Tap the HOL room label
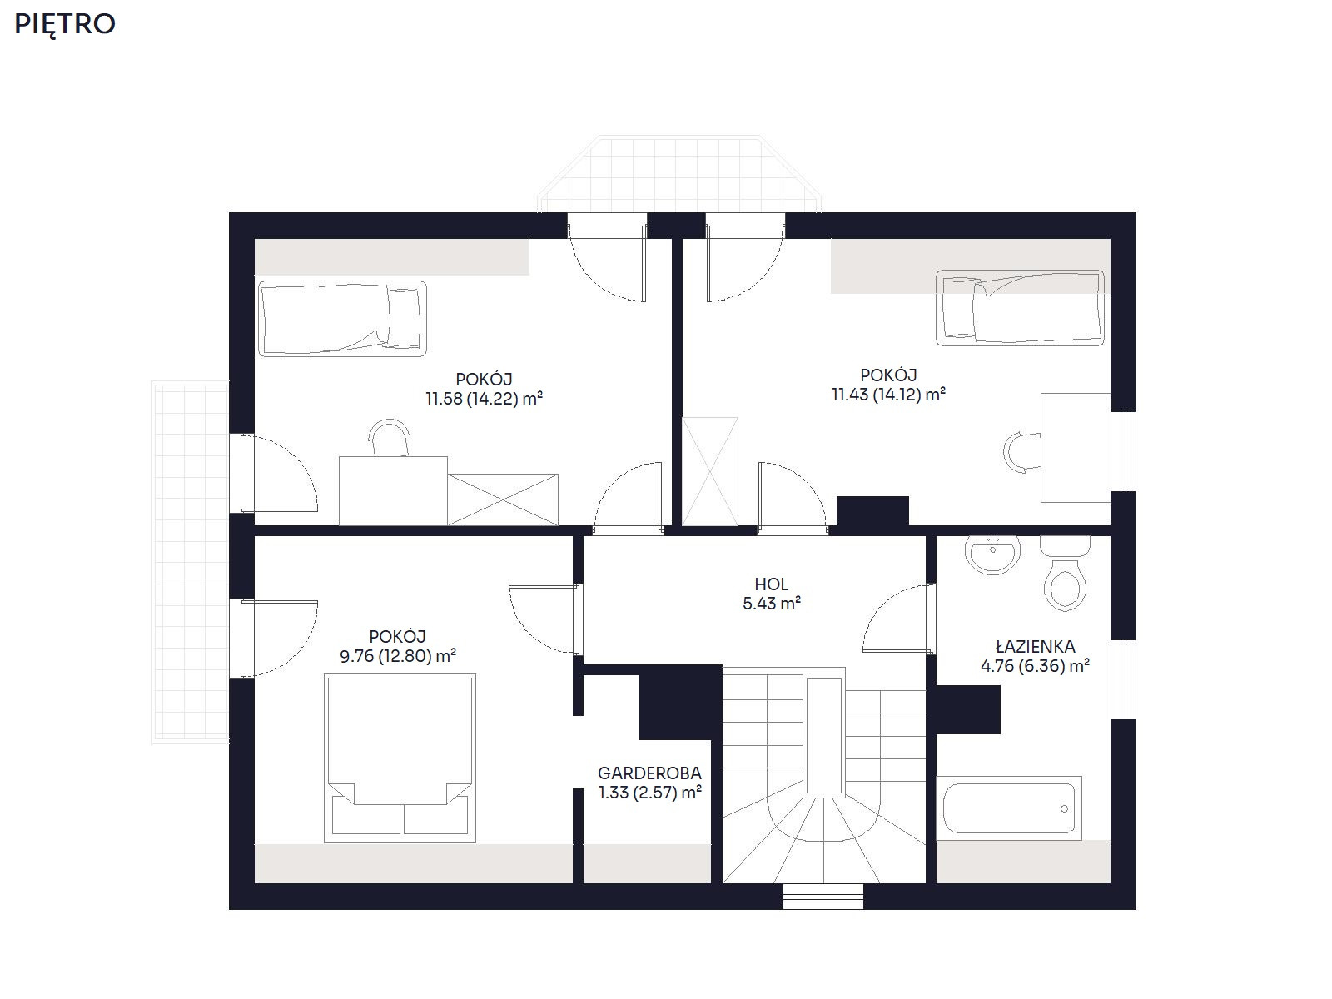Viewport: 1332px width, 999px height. click(x=771, y=584)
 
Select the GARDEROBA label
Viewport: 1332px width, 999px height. click(x=649, y=773)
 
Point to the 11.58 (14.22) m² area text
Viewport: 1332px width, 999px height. click(x=484, y=399)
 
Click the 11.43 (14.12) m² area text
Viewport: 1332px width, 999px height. click(x=888, y=395)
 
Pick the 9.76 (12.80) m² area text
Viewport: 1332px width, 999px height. click(x=397, y=656)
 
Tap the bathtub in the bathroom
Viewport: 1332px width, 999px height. click(x=1008, y=808)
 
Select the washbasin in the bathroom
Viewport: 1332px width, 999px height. click(x=992, y=554)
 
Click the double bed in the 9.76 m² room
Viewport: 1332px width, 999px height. click(x=400, y=758)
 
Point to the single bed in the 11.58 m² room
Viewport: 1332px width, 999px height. click(x=342, y=318)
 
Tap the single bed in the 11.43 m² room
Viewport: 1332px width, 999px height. click(x=1020, y=308)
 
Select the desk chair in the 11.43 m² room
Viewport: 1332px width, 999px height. click(x=1022, y=452)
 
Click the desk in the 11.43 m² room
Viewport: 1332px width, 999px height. click(x=1076, y=448)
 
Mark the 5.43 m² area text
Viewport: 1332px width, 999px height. click(x=771, y=604)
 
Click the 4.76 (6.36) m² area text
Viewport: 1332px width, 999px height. click(x=1036, y=666)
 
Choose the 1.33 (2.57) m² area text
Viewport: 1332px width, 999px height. click(x=650, y=793)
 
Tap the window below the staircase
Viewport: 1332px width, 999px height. click(x=823, y=896)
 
